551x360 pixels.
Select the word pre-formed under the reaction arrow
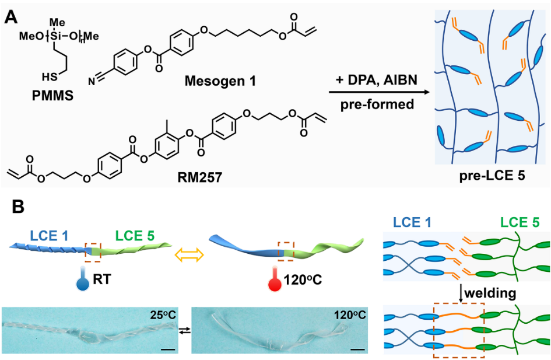375,106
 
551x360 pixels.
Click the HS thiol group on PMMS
50,76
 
